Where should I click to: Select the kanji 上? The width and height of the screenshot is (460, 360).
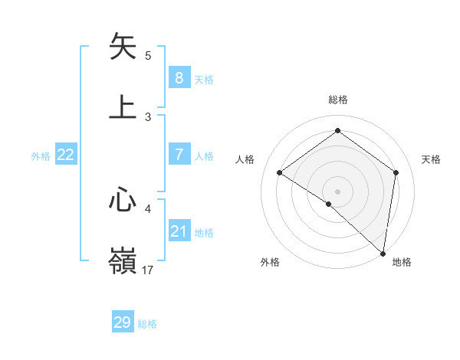coord(123,106)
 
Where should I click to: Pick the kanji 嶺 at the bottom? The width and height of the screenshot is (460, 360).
coord(123,260)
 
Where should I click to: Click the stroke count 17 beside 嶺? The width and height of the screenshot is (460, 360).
coord(148,270)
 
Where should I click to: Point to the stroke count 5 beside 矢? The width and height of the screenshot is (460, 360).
coord(148,56)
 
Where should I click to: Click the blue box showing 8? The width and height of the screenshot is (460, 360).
coord(179,77)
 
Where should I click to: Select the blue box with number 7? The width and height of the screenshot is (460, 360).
coord(179,155)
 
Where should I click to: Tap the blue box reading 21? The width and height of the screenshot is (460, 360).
coord(179,231)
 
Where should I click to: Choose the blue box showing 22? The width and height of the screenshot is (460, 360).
coord(66,155)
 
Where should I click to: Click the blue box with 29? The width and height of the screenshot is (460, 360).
coord(123,322)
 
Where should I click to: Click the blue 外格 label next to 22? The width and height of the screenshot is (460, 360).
coord(41,156)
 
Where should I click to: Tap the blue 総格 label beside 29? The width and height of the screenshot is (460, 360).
coord(147,324)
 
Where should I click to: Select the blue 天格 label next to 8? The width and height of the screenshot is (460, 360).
coord(204,79)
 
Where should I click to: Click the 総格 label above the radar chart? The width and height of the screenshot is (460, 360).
coord(337,100)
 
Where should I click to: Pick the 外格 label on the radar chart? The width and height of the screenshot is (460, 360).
coord(270,262)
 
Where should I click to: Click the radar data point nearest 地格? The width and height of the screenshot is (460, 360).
coord(383,253)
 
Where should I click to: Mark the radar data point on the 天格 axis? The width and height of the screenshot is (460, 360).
coord(396,172)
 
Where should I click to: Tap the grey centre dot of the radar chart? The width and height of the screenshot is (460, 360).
coord(337,191)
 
